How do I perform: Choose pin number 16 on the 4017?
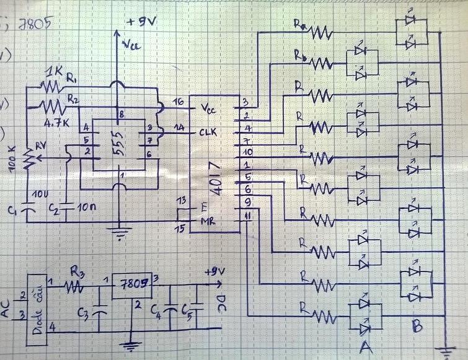[179, 102]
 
